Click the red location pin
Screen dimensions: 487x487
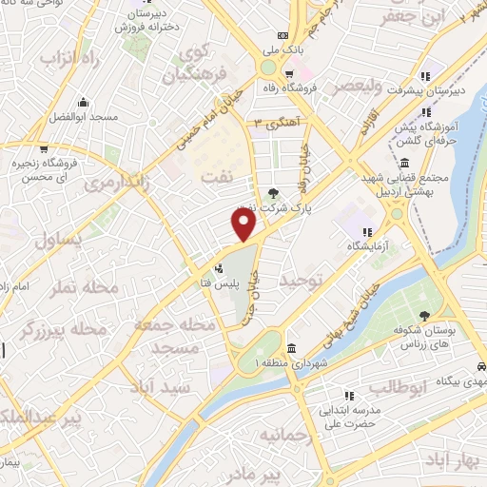coord(244,224)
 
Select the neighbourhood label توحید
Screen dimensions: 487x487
coord(302,282)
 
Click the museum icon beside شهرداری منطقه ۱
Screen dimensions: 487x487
coord(290,347)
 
